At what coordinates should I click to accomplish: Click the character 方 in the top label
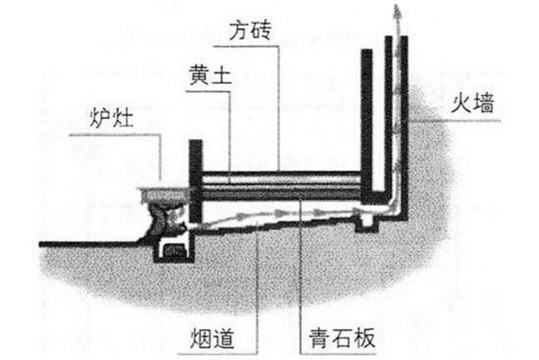(240, 30)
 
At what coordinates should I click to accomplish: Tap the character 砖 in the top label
(261, 30)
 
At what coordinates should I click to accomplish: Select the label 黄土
(210, 75)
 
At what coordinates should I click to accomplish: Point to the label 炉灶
(111, 118)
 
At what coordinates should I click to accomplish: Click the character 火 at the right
(460, 103)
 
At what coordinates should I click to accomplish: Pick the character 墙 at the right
(482, 103)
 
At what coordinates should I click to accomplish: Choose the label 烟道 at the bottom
(212, 338)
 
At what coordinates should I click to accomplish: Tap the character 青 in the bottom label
(320, 338)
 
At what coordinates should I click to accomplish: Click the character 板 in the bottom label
(365, 338)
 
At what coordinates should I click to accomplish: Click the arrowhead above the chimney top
(397, 11)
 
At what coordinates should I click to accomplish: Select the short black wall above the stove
(196, 181)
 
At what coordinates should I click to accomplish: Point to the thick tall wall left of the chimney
(366, 126)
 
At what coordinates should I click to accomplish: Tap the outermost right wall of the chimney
(404, 127)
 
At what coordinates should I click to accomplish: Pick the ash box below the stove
(174, 251)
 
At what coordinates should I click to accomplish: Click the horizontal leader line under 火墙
(454, 121)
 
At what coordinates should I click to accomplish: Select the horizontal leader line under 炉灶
(115, 135)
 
